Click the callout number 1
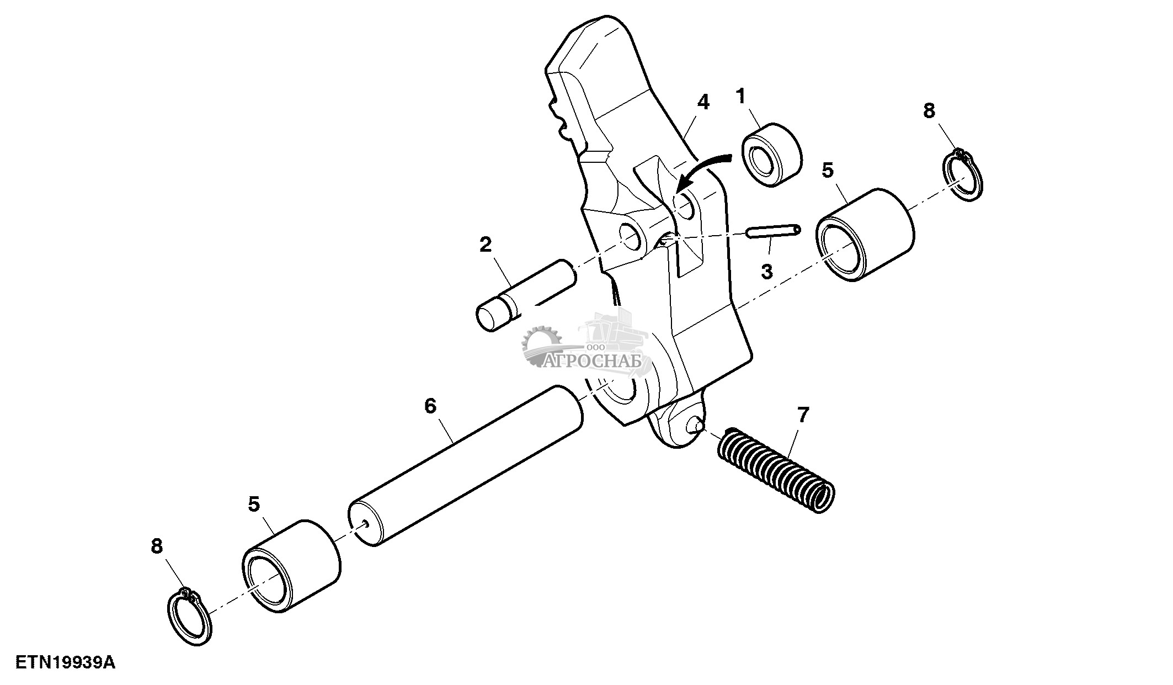740,98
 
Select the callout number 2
485,244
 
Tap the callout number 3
766,272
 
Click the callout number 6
430,406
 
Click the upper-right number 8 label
929,111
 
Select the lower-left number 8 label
157,546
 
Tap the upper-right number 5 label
828,170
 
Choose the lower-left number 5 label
254,504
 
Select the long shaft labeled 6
466,466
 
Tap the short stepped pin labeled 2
524,296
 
